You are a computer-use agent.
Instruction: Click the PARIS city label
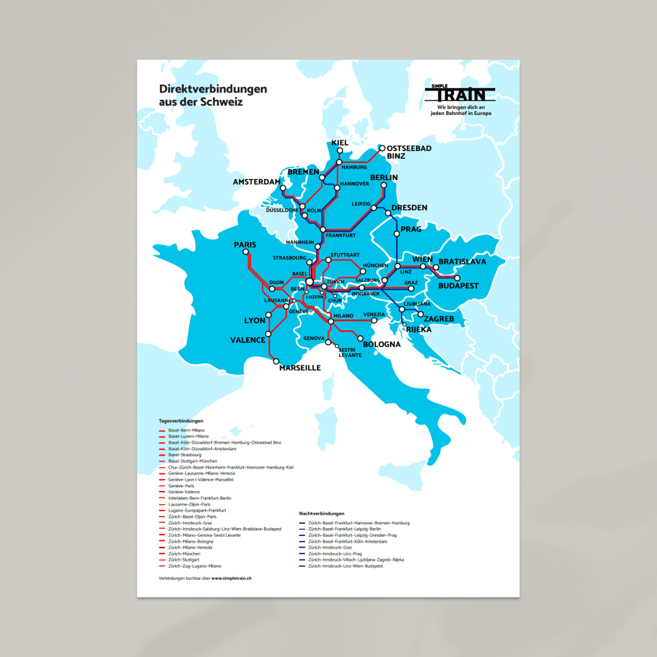tap(245, 245)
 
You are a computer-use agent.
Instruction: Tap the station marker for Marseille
tap(276, 361)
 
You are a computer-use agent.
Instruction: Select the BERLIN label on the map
tap(383, 178)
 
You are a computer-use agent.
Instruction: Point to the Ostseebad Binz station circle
tap(382, 148)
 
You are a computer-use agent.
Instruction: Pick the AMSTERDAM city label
tap(257, 182)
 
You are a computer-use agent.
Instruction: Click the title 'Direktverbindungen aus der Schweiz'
tap(212, 96)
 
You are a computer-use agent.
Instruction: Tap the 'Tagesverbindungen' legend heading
tap(181, 421)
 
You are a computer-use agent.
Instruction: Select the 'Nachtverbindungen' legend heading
tap(322, 513)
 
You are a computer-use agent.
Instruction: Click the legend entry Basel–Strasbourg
tap(184, 455)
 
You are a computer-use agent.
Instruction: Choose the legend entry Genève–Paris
tap(181, 486)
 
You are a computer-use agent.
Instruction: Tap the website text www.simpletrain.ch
tap(231, 578)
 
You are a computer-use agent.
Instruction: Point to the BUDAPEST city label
tap(458, 286)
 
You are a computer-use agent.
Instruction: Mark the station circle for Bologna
tap(360, 338)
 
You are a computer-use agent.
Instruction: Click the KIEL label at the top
tap(339, 143)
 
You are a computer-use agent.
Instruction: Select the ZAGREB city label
tap(439, 319)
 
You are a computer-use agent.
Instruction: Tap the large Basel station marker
tap(310, 282)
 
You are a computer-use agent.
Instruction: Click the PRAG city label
tap(411, 229)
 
